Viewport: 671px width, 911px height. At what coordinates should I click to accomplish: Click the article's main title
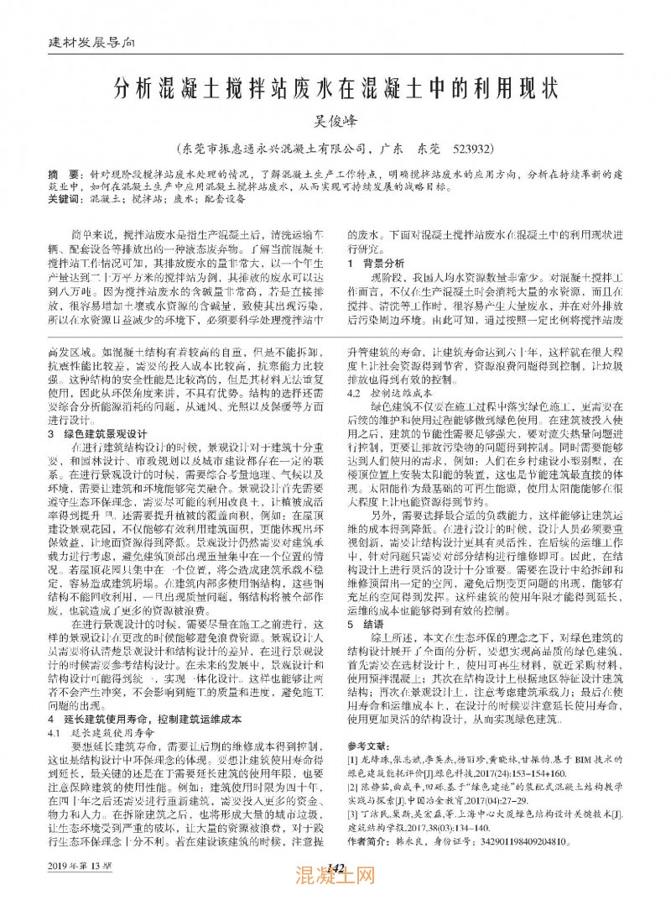335,88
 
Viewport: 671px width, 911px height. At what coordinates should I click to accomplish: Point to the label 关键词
65,201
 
